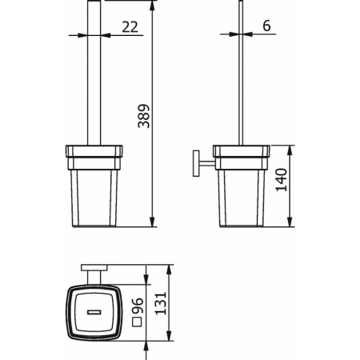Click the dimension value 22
coord(128,26)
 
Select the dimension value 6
coord(266,26)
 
